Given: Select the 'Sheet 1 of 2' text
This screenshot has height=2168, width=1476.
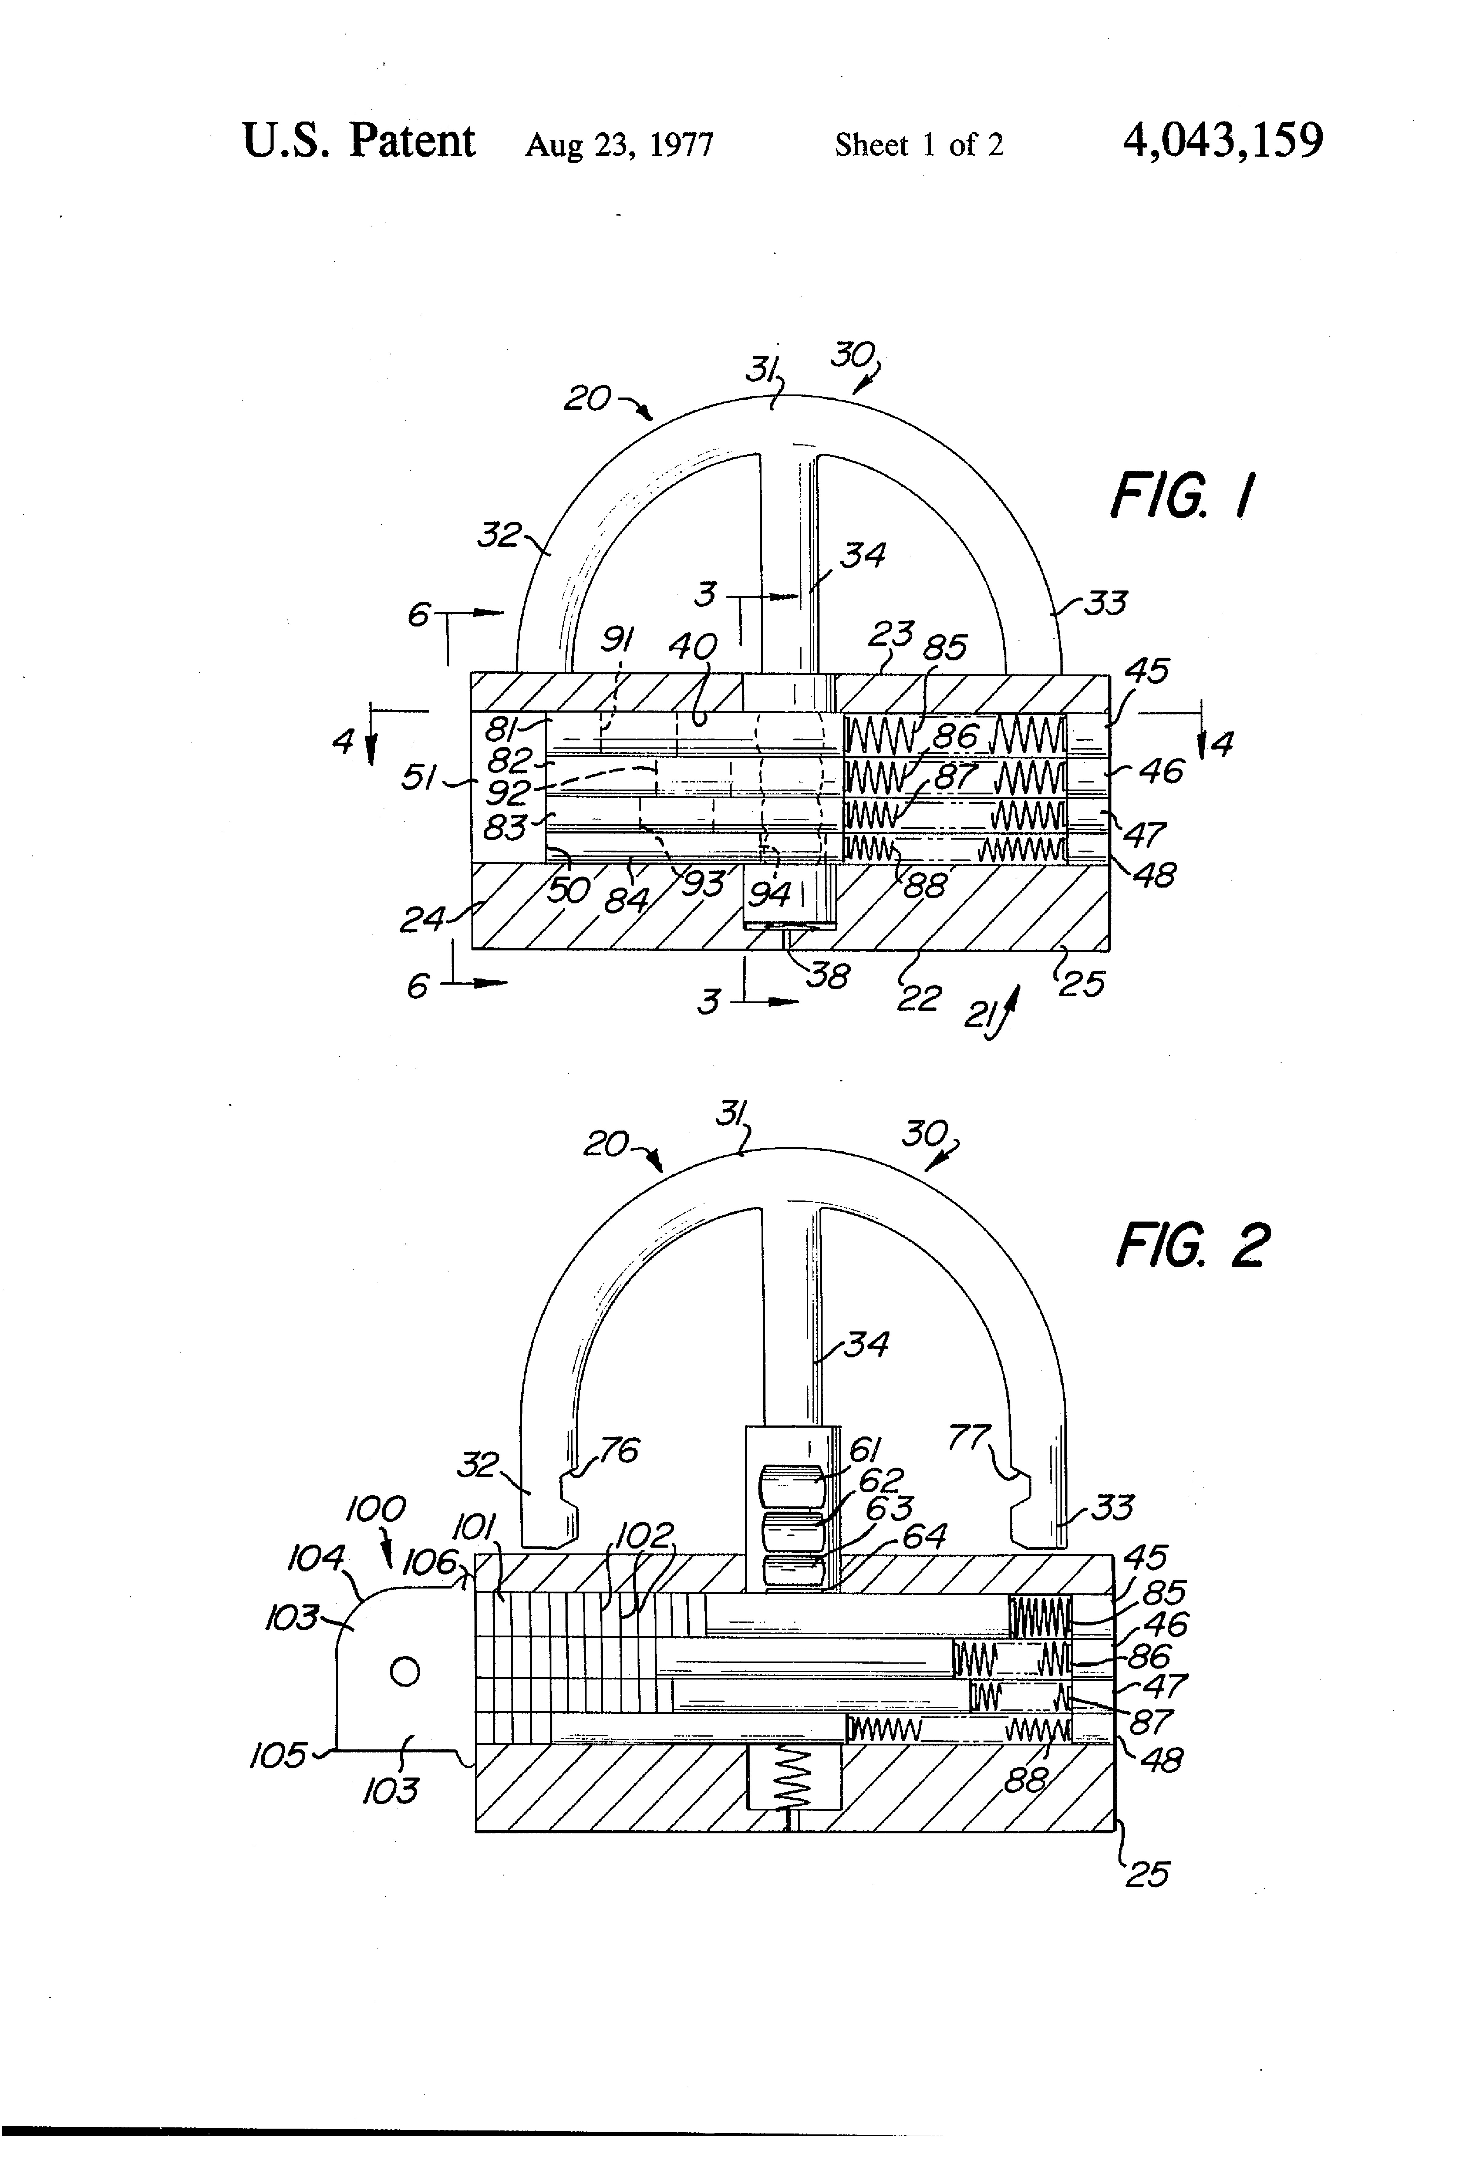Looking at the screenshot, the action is tap(919, 145).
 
